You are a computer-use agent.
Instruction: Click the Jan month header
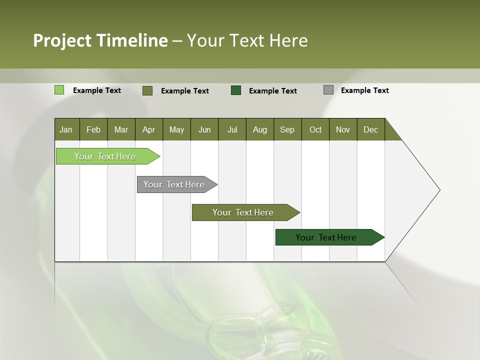pos(66,130)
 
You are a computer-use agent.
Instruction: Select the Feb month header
pos(93,130)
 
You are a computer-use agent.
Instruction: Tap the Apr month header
pos(148,130)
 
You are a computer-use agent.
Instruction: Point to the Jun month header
pos(204,130)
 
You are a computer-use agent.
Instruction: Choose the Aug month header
pos(259,130)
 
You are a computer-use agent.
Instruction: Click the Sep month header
pos(287,130)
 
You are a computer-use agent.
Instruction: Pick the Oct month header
pos(315,130)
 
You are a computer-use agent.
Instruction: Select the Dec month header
pos(370,130)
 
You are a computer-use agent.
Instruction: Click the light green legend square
pos(59,90)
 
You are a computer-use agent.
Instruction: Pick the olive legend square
pos(147,90)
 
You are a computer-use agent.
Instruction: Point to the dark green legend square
pos(236,90)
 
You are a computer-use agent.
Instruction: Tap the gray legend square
pos(328,90)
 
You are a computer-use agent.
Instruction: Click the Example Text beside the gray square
pos(364,90)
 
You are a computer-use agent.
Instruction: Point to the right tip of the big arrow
pos(439,190)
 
